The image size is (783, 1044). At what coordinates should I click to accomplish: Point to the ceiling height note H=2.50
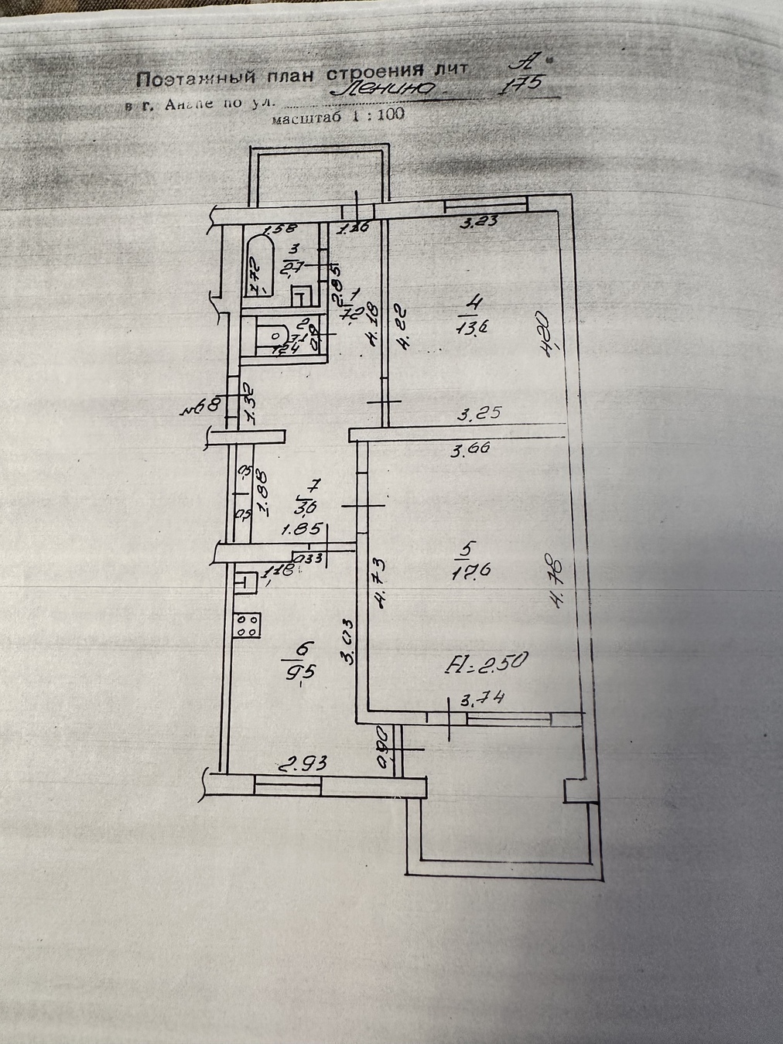(x=488, y=662)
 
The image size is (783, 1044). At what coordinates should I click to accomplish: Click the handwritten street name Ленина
(x=382, y=91)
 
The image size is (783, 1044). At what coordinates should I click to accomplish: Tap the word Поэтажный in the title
(x=182, y=79)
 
